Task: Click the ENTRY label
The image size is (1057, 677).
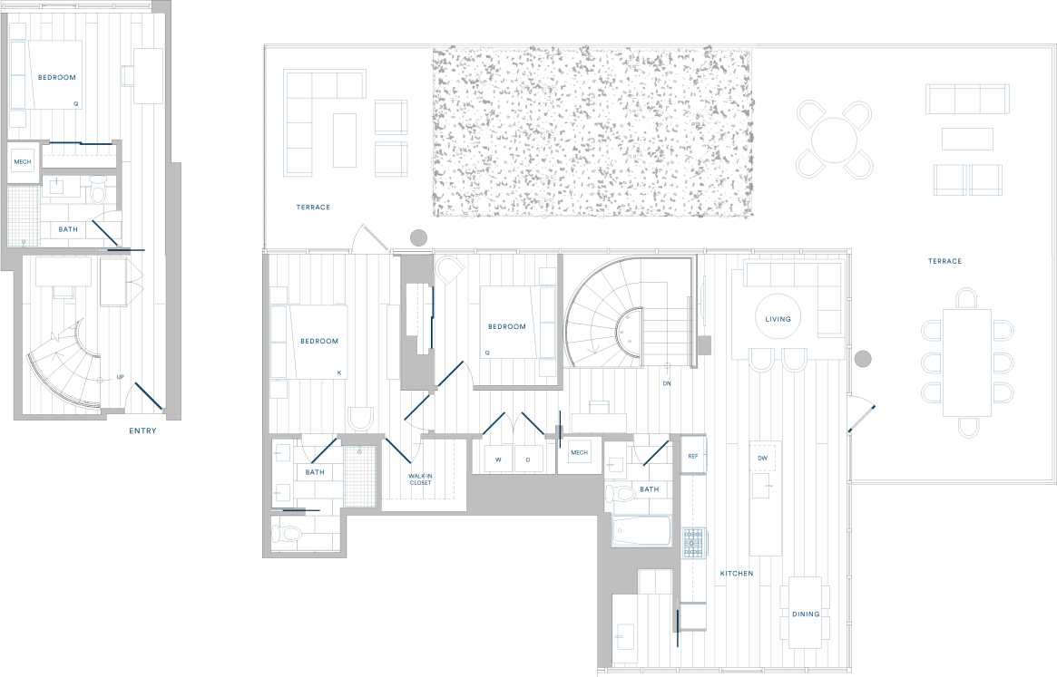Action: coord(142,431)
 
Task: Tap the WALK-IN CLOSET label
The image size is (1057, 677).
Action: coord(419,479)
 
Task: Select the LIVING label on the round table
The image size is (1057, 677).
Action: coord(778,319)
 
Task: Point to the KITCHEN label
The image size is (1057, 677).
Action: coord(737,574)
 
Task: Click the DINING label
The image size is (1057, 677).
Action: coord(805,614)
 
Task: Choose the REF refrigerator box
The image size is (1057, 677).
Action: coord(693,456)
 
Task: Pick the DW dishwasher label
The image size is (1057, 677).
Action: coord(763,459)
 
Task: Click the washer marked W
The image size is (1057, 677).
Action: coord(498,459)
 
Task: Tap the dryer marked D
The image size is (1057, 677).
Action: coord(528,459)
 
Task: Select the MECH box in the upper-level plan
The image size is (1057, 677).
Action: coord(23,163)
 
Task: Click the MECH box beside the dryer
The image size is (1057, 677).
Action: coord(579,453)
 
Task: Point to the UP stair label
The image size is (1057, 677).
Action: coord(120,377)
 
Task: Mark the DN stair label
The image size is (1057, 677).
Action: coord(667,383)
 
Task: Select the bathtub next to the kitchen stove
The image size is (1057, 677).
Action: coord(641,531)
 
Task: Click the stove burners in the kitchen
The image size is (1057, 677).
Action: coord(693,542)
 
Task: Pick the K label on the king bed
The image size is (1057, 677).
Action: coord(339,372)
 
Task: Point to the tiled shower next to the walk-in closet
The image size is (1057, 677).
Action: coord(360,477)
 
